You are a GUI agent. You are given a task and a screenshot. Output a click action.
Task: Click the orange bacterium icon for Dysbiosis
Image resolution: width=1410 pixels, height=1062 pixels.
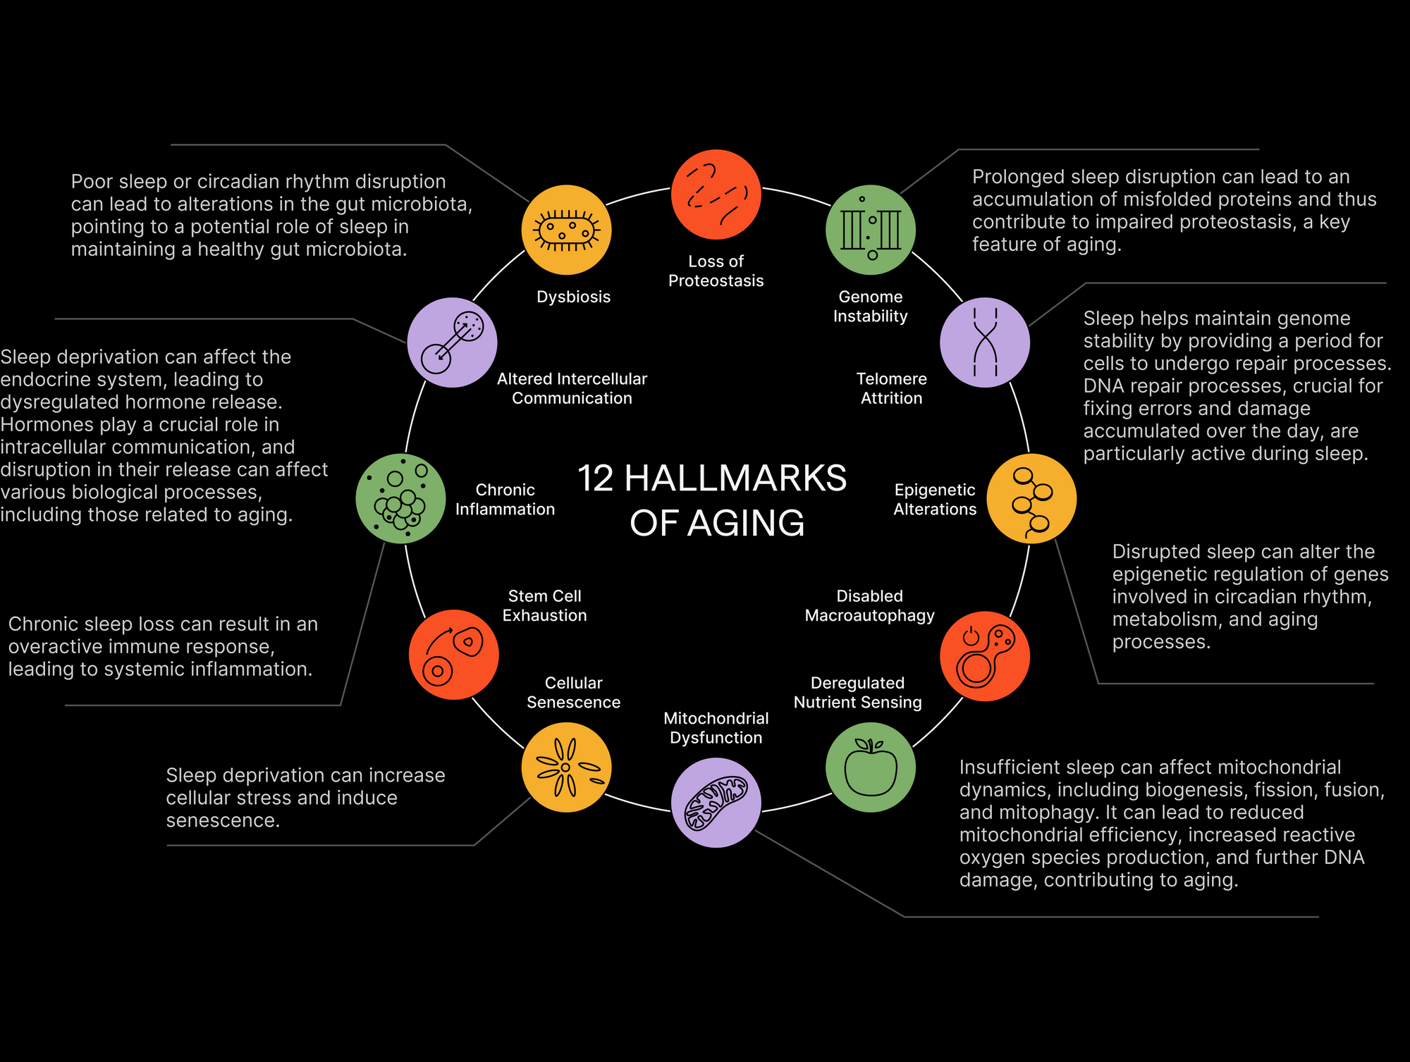point(566,230)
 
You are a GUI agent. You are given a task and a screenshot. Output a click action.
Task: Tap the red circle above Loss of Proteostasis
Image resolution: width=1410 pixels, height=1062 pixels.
point(716,195)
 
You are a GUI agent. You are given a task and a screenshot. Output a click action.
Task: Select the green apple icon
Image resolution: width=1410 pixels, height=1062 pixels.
point(871,767)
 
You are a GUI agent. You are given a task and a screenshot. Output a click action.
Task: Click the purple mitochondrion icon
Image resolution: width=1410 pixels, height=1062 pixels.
point(716,803)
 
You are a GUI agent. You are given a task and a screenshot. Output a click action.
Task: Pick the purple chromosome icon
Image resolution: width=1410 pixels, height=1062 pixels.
point(985,342)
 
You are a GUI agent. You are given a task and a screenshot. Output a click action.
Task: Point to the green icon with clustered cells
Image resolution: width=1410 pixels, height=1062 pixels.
point(400,498)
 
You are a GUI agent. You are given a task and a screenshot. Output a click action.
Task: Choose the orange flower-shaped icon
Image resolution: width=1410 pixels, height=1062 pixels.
point(566,767)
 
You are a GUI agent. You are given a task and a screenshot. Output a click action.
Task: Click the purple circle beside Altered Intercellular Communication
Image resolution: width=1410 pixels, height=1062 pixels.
point(452,342)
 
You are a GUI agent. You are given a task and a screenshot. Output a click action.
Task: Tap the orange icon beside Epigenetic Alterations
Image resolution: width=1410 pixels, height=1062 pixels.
point(1031,498)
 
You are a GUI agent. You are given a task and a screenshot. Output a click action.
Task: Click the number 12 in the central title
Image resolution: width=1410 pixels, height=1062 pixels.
point(596,478)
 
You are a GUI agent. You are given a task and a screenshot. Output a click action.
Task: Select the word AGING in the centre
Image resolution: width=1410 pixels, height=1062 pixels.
point(746,523)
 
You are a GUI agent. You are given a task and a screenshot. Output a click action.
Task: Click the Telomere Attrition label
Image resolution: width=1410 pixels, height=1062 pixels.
point(892,388)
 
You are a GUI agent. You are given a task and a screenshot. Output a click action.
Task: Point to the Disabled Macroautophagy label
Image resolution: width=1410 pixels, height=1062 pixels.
point(870,605)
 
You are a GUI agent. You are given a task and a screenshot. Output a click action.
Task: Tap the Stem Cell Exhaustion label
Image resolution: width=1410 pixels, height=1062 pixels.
point(545,605)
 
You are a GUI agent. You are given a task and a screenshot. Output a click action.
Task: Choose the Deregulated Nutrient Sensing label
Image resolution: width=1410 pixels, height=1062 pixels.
point(858,693)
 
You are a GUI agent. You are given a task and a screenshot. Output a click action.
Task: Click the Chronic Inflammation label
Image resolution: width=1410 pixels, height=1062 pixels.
point(505,500)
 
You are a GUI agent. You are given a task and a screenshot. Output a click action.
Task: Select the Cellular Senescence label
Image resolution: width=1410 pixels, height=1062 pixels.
point(574,693)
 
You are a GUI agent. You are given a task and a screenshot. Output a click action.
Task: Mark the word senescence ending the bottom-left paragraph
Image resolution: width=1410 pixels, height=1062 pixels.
point(223,821)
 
